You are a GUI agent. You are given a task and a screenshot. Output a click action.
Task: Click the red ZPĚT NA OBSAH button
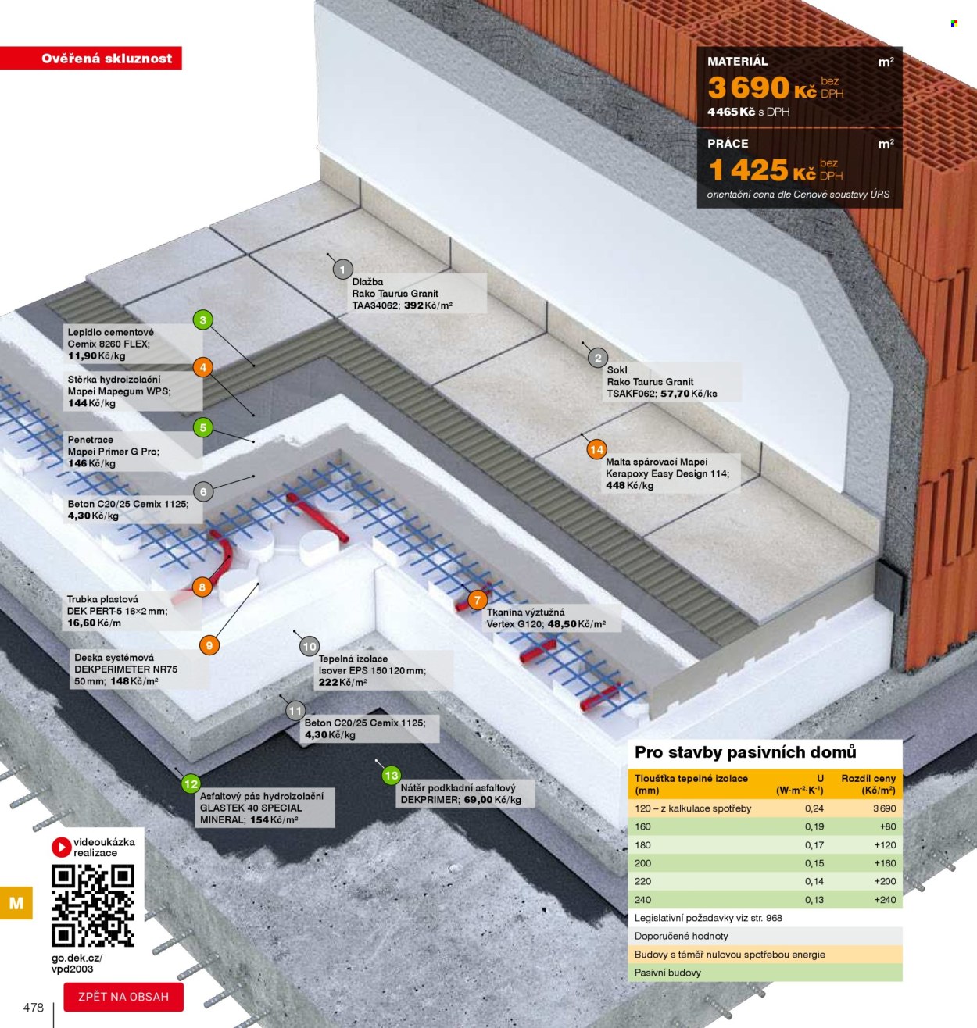(123, 997)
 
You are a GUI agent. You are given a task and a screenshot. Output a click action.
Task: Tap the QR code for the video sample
(93, 905)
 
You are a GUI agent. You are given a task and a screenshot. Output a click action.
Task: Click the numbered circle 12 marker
(191, 783)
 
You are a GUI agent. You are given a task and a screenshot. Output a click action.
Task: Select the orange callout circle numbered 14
(596, 449)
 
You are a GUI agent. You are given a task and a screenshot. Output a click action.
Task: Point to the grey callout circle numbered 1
(343, 269)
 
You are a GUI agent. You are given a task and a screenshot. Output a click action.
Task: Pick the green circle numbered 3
(203, 319)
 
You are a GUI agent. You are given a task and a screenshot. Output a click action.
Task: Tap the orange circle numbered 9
(209, 645)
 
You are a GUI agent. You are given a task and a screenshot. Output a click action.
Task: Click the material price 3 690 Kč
(762, 87)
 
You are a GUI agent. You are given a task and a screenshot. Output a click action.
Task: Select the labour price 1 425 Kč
(762, 170)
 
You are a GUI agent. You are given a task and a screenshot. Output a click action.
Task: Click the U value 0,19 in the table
(814, 826)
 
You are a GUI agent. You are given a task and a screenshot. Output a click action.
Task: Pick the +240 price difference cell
(885, 900)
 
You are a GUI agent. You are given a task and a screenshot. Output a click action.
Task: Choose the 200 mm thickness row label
(642, 863)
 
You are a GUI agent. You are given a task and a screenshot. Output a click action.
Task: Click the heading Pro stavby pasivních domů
(745, 752)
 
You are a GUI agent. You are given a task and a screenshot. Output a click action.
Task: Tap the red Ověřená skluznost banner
(91, 58)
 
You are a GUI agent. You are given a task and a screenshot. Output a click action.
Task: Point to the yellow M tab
(16, 902)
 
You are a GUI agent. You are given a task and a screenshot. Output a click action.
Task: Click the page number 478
(34, 1008)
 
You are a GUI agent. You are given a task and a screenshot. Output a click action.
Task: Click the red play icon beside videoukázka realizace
(61, 847)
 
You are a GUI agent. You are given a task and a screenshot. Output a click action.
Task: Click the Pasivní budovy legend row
(765, 973)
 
